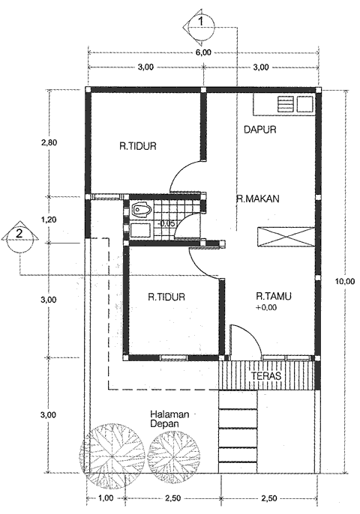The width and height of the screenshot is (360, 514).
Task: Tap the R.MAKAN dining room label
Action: pos(258,199)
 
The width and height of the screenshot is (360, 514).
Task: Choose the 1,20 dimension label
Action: pos(48,220)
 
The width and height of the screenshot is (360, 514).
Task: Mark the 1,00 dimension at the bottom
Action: pos(106,498)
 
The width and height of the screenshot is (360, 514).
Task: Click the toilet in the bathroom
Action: pos(141,211)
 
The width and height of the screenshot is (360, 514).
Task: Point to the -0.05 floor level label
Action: pos(166,223)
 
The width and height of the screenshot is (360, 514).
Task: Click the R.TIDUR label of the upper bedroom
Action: pos(137,147)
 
